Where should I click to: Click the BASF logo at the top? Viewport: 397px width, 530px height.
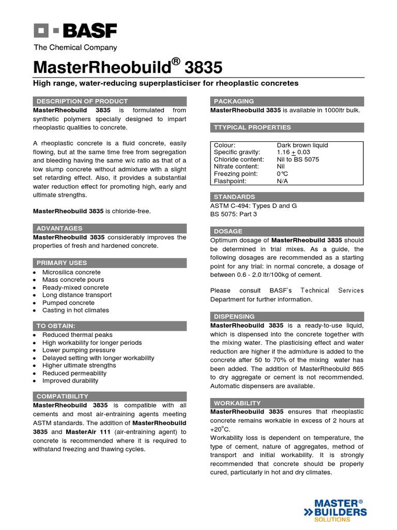click(x=75, y=32)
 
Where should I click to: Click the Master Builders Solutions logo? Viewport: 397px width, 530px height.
click(x=338, y=510)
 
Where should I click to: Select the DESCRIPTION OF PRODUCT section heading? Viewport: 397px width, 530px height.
click(x=81, y=101)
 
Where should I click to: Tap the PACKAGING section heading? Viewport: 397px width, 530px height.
click(x=234, y=101)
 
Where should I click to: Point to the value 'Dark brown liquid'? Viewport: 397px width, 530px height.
click(x=302, y=145)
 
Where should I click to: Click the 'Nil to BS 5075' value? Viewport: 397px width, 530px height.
click(x=298, y=160)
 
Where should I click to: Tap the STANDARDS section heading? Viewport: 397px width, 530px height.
click(x=235, y=197)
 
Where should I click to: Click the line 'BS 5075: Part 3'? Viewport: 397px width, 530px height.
click(x=234, y=214)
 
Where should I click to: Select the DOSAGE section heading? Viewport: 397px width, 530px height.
click(x=227, y=231)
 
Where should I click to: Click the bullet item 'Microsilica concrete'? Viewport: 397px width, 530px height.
click(x=71, y=272)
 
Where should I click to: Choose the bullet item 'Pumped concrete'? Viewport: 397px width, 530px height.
click(x=68, y=303)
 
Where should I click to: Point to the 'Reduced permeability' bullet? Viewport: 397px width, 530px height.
click(x=74, y=373)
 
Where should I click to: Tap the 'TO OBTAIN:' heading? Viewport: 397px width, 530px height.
click(x=56, y=326)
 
